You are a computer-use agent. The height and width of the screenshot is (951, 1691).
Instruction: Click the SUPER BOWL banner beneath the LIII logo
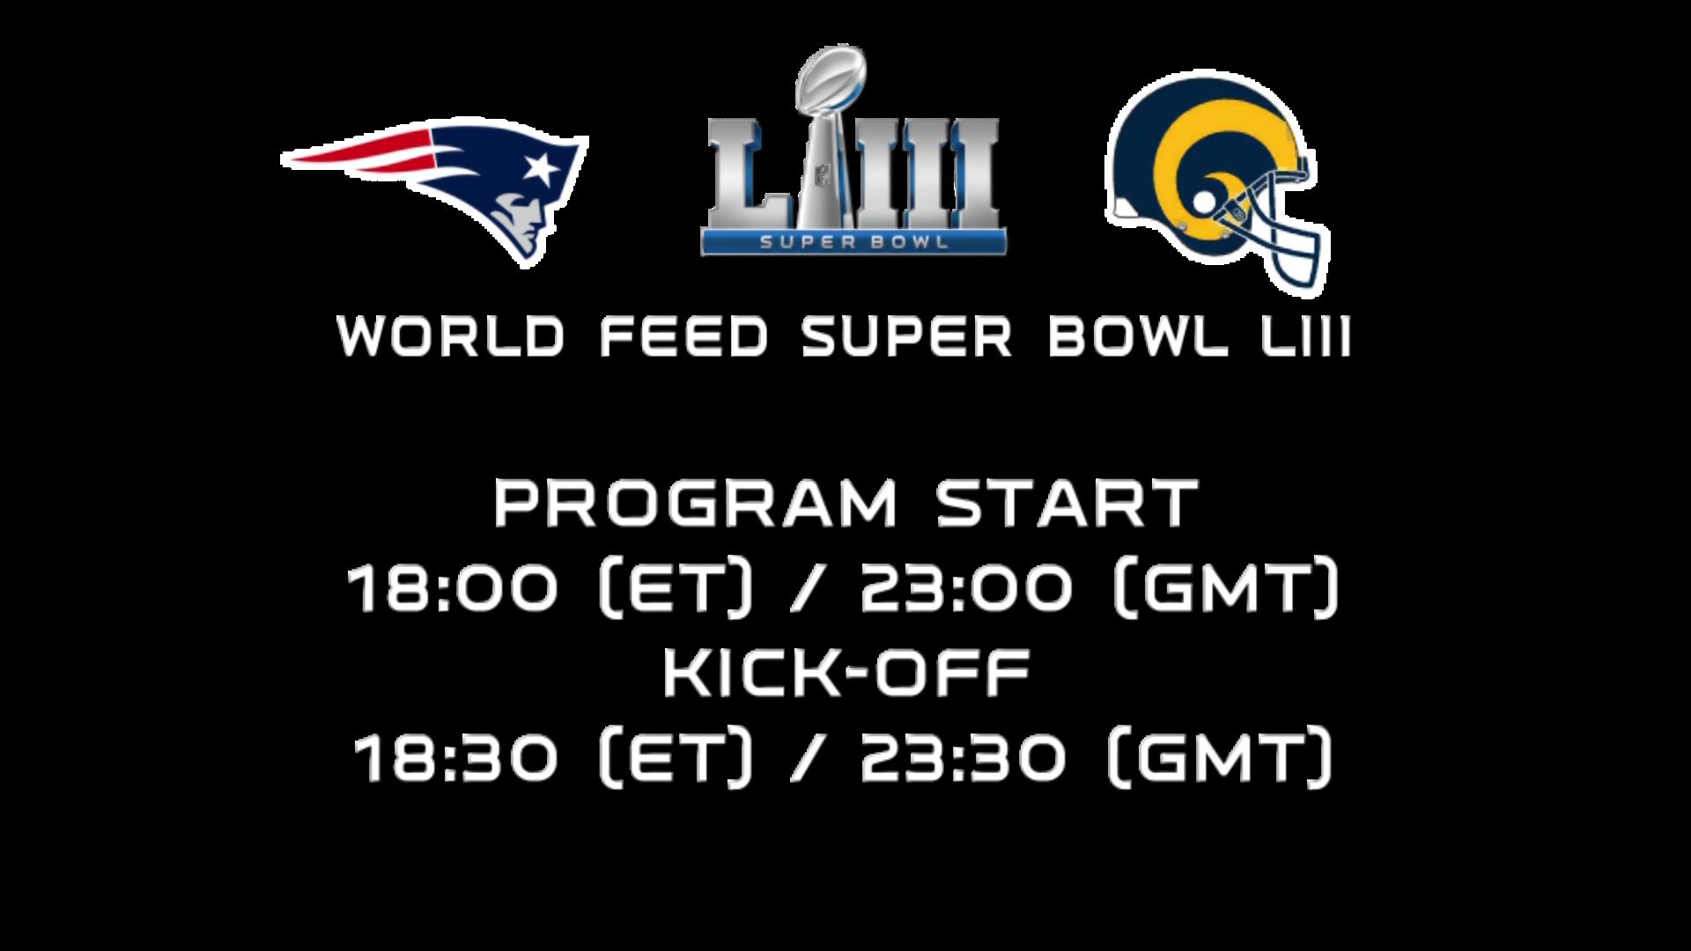[853, 242]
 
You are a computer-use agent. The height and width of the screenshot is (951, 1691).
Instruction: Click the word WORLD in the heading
[450, 336]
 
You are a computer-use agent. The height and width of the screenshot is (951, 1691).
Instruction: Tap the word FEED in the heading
[683, 336]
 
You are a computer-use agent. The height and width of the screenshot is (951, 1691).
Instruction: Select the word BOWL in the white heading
[1138, 336]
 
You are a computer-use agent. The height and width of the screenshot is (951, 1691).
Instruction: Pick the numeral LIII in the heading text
[1306, 336]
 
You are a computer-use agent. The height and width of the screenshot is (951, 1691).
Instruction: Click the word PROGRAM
[695, 503]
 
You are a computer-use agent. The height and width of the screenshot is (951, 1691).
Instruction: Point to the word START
[1067, 503]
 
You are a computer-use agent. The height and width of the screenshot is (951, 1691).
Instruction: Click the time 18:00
[453, 587]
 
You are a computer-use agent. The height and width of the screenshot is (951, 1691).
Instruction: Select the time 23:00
[966, 587]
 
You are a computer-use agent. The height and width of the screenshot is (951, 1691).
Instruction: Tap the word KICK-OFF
[846, 673]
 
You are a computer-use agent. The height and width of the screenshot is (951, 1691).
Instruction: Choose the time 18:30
[455, 758]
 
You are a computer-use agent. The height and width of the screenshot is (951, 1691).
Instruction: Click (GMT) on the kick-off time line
[1220, 756]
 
